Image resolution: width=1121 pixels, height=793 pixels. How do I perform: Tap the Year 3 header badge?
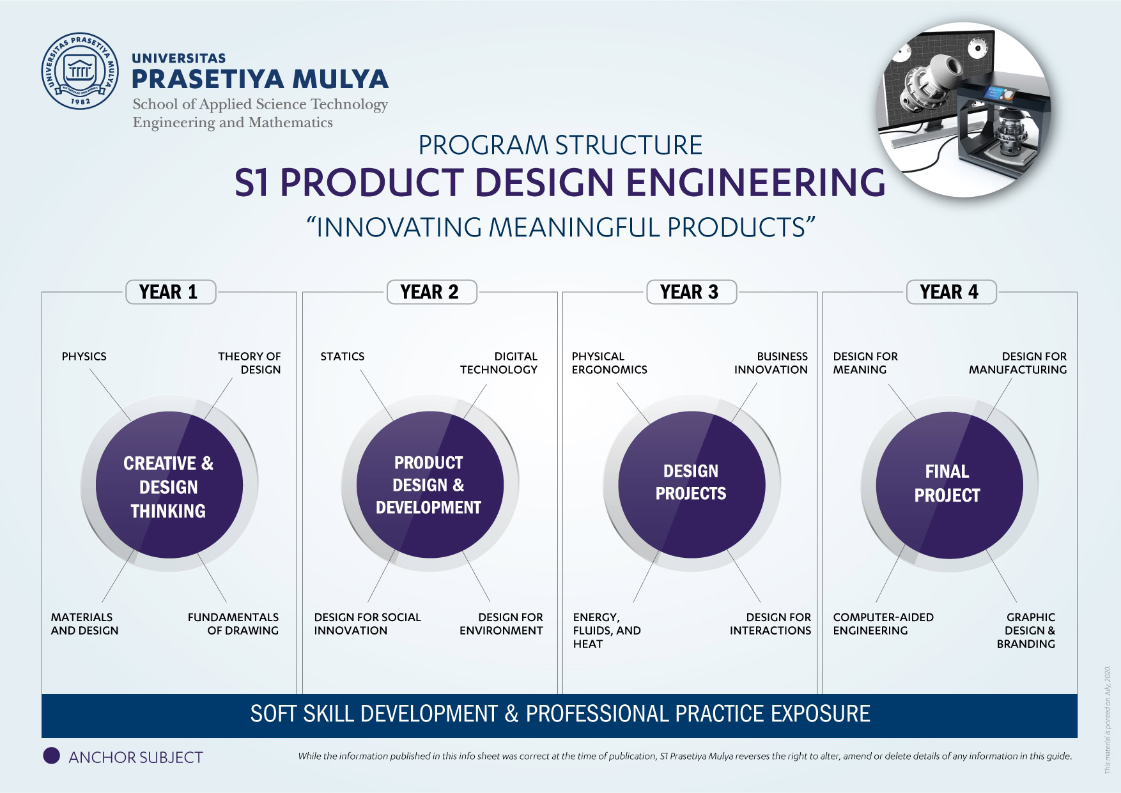(x=692, y=292)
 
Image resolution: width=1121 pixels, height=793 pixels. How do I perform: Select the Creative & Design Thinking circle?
(x=169, y=484)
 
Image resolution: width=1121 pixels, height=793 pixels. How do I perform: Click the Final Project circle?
(x=949, y=485)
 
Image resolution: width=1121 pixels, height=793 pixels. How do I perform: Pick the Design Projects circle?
(x=692, y=484)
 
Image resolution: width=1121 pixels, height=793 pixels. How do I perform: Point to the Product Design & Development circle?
(x=430, y=484)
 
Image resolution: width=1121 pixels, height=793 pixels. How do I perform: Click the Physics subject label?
(x=84, y=357)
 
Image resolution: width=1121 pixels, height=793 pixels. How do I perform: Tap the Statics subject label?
(x=343, y=357)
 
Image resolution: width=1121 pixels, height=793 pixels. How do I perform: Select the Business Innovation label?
(x=771, y=363)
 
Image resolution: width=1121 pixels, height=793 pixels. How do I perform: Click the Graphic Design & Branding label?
(x=1026, y=631)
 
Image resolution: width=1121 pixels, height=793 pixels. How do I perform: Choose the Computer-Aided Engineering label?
(x=883, y=624)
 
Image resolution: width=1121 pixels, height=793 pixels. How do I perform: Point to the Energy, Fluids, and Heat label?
(x=607, y=631)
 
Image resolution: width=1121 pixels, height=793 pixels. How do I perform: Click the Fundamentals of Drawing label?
(x=233, y=624)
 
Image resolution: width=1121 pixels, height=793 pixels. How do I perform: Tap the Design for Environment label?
(x=501, y=624)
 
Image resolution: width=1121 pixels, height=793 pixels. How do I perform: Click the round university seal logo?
(x=80, y=71)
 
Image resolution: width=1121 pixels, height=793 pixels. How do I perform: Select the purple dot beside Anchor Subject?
(x=51, y=756)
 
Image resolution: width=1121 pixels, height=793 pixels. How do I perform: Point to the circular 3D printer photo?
(x=964, y=110)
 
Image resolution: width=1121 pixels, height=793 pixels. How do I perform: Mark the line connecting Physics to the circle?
(x=110, y=394)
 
